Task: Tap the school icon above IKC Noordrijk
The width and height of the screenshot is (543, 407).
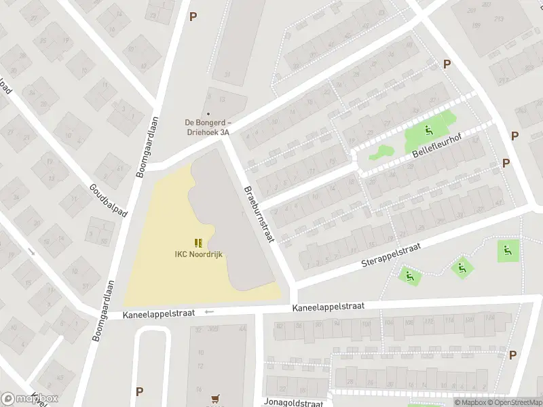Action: (198, 243)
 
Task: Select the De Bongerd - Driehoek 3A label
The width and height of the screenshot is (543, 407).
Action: (208, 127)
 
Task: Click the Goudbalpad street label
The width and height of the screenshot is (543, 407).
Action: (108, 201)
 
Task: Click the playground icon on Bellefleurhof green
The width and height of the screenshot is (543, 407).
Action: (428, 131)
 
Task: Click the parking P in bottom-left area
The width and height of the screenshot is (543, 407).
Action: (139, 391)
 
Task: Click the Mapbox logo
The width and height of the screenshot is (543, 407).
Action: (30, 399)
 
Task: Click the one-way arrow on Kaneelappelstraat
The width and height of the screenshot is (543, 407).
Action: (209, 312)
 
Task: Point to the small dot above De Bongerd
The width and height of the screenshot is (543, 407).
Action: (208, 114)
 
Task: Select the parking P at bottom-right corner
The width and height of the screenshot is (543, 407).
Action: (512, 355)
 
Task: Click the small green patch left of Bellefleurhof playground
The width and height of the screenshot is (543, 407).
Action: (381, 152)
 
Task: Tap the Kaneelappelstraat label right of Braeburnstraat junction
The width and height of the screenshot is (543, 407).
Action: (329, 307)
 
